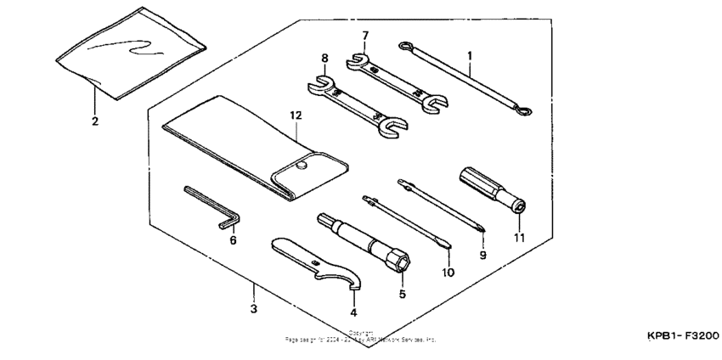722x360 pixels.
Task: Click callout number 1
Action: [469, 55]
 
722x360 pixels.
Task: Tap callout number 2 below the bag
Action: [95, 121]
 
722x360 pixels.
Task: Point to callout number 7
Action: [365, 37]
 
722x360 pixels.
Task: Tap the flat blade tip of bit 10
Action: [445, 247]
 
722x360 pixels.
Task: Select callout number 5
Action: [403, 294]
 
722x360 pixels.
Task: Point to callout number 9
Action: [482, 253]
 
